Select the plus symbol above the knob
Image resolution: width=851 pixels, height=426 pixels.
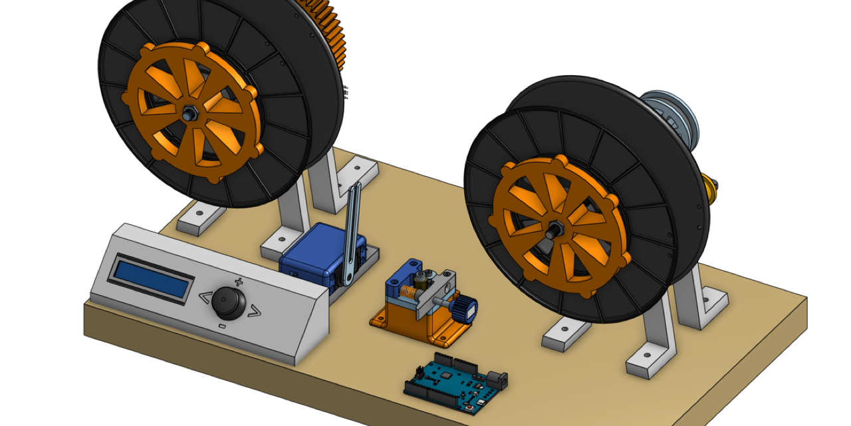tap(239, 282)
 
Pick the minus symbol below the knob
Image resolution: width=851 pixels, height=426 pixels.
tap(222, 326)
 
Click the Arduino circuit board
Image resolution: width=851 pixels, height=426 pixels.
tap(452, 385)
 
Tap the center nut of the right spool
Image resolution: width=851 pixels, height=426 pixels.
tap(554, 228)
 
